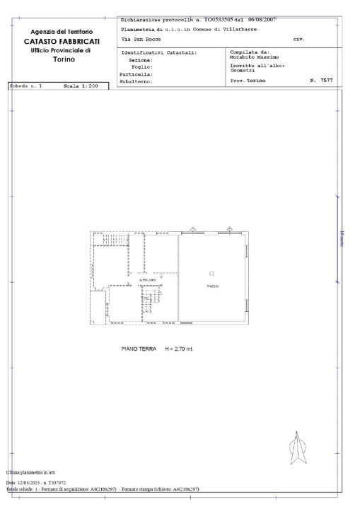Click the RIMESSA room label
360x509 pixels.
[x=212, y=286]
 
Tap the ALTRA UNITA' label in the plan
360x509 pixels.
[x=147, y=281]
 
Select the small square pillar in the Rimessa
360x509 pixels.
[x=211, y=273]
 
